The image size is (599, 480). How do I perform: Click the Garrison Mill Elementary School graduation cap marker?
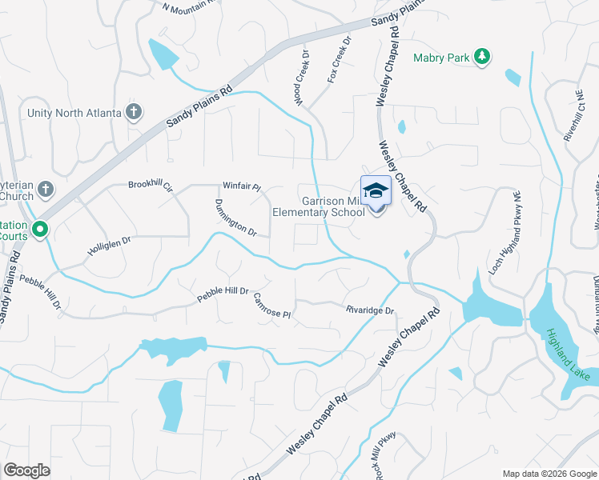pos(375,191)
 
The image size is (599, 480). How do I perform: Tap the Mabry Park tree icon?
pos(482,57)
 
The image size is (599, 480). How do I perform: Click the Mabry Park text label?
pos(441,58)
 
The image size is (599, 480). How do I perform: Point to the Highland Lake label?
pos(568,354)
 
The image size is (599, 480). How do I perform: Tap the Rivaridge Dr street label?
pos(370,310)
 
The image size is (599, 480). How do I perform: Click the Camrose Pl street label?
pos(271,306)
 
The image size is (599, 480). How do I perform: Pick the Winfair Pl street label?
pos(242,187)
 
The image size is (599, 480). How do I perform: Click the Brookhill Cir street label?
pos(151,185)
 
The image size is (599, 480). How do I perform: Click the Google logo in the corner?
pos(26,470)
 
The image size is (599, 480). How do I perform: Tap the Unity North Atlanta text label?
pos(74,113)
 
